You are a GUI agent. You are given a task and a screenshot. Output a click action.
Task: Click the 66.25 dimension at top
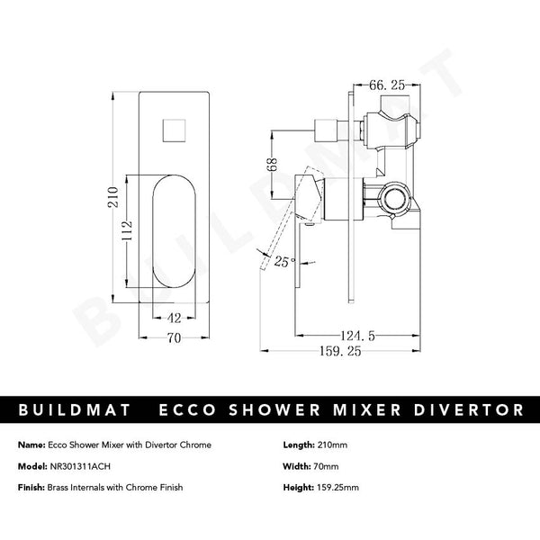click(389, 85)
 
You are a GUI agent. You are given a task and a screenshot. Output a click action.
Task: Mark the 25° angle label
click(284, 263)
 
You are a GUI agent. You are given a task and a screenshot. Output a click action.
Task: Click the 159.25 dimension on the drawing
click(337, 352)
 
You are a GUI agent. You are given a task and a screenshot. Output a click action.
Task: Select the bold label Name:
click(31, 445)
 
